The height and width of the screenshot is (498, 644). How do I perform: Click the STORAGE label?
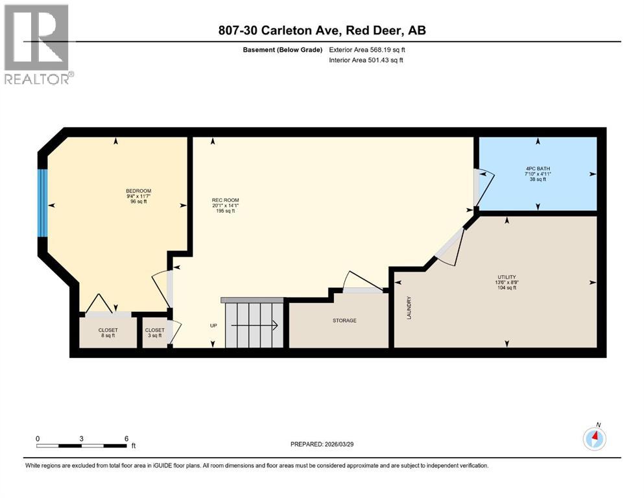point(344,320)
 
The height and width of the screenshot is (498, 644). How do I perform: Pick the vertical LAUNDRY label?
point(409,307)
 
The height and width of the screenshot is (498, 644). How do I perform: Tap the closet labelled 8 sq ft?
point(108,333)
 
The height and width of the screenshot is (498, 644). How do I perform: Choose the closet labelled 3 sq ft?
point(154,333)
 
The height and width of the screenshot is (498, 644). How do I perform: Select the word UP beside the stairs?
point(213,326)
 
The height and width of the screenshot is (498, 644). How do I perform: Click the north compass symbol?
point(595,438)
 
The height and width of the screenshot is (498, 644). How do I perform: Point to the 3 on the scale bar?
point(82,438)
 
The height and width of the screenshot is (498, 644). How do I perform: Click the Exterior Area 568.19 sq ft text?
point(368,49)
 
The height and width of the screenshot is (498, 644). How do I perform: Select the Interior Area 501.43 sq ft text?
point(366,60)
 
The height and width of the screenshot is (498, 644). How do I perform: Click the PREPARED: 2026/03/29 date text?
point(324,444)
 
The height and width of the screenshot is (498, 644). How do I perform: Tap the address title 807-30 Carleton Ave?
point(322,30)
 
